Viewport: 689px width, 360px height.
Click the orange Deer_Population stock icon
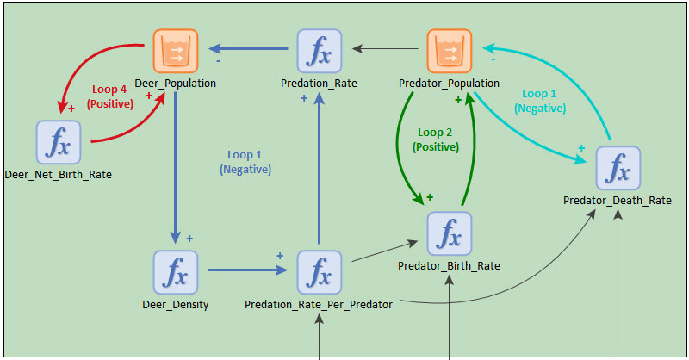click(176, 51)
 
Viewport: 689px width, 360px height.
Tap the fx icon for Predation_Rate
click(319, 51)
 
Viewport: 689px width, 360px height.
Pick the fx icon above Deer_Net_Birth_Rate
click(59, 142)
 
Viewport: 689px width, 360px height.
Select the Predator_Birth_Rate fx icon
click(450, 233)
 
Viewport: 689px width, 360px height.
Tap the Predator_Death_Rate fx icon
click(618, 168)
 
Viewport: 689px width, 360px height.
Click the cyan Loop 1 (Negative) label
click(540, 101)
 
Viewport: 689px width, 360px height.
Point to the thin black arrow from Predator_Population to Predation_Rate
click(388, 48)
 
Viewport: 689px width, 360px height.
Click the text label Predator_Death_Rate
click(618, 201)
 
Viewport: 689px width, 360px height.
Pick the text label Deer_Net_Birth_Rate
click(58, 175)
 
